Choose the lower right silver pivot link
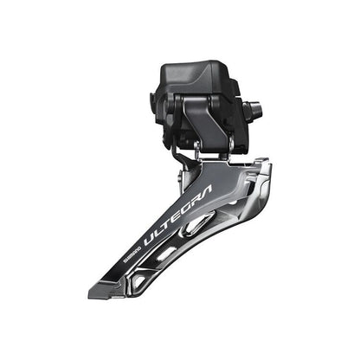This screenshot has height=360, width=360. point(222,156)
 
